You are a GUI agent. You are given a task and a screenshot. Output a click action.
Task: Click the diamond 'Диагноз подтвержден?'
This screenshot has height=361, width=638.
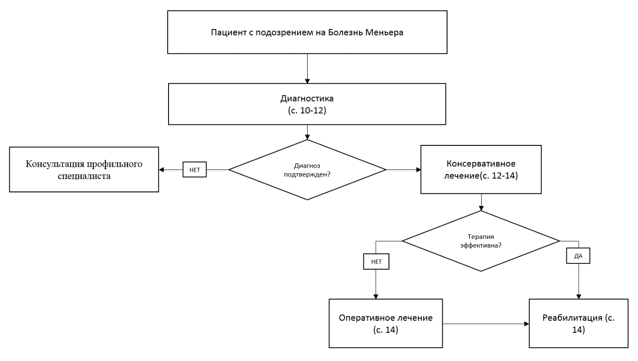click(x=307, y=170)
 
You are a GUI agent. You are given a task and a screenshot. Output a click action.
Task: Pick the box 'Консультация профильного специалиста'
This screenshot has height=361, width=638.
click(x=84, y=170)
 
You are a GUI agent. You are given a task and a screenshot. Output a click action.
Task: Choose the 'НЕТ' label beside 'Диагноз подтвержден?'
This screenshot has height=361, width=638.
click(x=194, y=170)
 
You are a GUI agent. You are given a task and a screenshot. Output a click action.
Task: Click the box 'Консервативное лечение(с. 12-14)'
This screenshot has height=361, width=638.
click(x=481, y=170)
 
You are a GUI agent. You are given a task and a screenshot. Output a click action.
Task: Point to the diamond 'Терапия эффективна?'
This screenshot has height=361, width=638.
click(x=481, y=241)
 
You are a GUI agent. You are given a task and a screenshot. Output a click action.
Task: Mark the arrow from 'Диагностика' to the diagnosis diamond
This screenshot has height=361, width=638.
click(x=307, y=132)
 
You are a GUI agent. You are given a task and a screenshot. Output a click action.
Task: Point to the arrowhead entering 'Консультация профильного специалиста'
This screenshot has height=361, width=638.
click(x=162, y=170)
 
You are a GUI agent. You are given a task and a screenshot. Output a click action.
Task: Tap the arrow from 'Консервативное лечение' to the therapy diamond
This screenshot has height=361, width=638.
click(x=481, y=202)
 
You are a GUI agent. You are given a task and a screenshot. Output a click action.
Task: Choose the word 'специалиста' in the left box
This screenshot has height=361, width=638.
click(x=85, y=176)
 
